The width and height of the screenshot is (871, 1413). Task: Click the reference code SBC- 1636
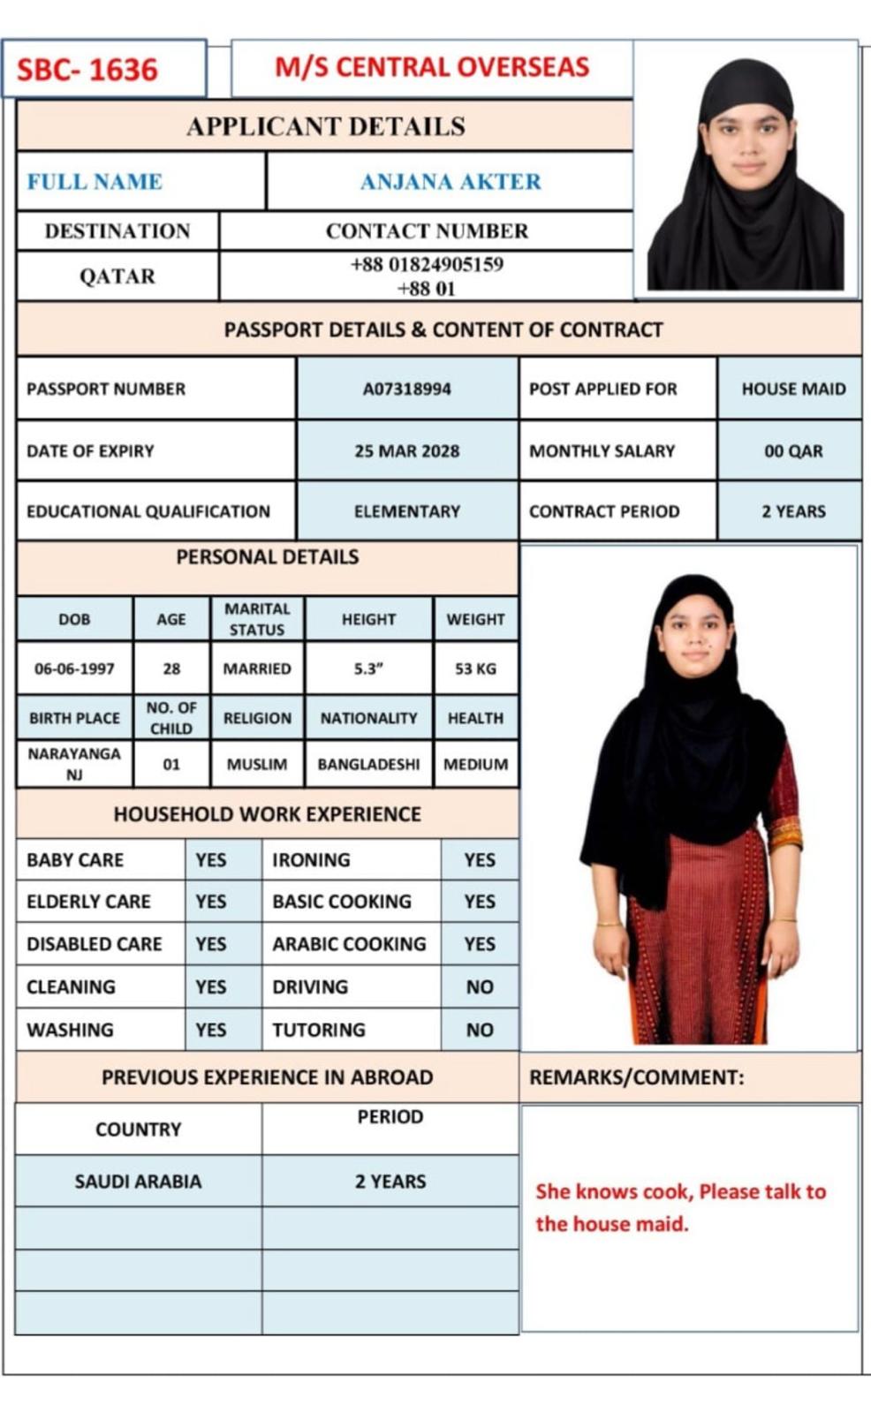[x=87, y=70]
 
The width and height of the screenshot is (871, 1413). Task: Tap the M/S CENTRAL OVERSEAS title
[x=432, y=67]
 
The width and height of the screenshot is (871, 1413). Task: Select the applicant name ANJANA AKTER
[x=451, y=181]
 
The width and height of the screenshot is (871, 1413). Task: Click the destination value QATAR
[x=117, y=276]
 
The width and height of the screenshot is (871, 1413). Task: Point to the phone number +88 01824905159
[x=427, y=264]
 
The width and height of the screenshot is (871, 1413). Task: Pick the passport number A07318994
[x=407, y=389]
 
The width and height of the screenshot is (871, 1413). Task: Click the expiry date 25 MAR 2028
[x=407, y=450]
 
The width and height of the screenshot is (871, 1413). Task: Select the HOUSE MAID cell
[x=793, y=389]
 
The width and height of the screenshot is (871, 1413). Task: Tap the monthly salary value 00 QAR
[x=793, y=450]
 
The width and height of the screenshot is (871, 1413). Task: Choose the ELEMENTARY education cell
[x=407, y=511]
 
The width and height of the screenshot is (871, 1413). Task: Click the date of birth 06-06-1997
[x=74, y=669]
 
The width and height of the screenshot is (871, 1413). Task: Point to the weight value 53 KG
[x=475, y=669]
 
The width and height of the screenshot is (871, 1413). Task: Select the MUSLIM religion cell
[x=257, y=764]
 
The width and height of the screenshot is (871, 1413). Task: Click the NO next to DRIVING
[x=480, y=986]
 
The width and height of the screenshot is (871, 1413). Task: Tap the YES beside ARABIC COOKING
[x=480, y=944]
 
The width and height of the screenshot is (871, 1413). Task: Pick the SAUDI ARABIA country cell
[x=138, y=1181]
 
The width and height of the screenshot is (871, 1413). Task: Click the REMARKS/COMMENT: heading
[x=636, y=1077]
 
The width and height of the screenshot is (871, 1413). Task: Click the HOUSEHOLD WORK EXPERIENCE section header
[x=267, y=814]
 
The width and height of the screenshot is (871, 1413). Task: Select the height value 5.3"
[x=368, y=669]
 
